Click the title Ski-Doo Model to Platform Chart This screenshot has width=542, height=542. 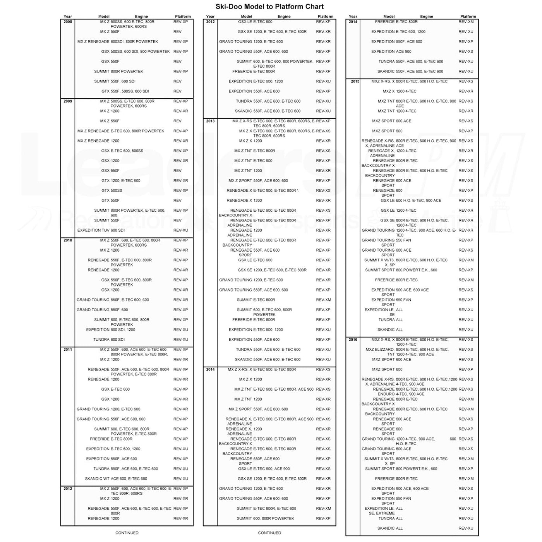click(x=269, y=7)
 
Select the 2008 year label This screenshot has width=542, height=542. click(x=68, y=22)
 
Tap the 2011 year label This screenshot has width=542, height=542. click(x=68, y=350)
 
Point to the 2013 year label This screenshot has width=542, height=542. click(x=210, y=121)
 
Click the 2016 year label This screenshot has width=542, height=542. click(x=353, y=340)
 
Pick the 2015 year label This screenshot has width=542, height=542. click(x=355, y=81)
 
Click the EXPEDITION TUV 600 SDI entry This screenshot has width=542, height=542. click(x=101, y=230)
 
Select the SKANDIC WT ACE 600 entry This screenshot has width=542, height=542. click(x=116, y=479)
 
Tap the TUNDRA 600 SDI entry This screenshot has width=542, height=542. click(x=109, y=340)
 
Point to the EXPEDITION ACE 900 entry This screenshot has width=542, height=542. click(x=391, y=51)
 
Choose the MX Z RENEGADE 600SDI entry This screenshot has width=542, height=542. click(x=118, y=41)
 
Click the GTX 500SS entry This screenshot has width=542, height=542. click(x=112, y=190)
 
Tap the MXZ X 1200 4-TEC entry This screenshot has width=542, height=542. click(x=400, y=91)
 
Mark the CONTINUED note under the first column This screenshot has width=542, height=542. click(x=127, y=533)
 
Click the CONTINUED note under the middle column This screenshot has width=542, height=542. click(x=269, y=533)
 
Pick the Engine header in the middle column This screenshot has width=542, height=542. click(x=284, y=17)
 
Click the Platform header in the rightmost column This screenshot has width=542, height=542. click(x=468, y=17)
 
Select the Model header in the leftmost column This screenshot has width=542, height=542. click(x=104, y=17)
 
